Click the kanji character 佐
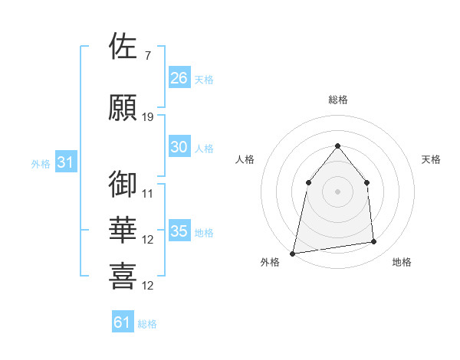[x=123, y=47]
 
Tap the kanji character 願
[x=123, y=108]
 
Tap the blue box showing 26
[x=179, y=78]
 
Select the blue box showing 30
[x=179, y=148]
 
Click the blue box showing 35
[x=179, y=232]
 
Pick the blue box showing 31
[x=66, y=163]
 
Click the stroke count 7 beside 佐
[x=147, y=55]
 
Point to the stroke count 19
[x=148, y=117]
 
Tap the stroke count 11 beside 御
[x=148, y=193]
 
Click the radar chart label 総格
[x=337, y=100]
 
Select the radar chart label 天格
[x=432, y=159]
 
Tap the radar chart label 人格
[x=245, y=159]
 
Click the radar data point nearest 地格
[x=374, y=242]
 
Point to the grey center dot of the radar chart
[x=337, y=191]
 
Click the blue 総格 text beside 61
[x=147, y=324]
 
